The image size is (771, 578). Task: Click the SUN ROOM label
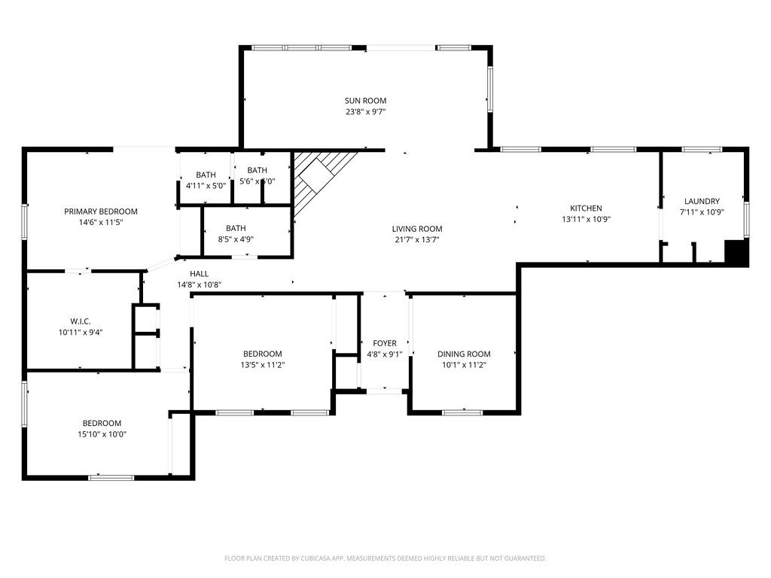365,100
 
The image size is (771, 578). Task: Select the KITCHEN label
585,208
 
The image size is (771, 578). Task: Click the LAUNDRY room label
702,201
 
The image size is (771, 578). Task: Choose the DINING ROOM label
464,354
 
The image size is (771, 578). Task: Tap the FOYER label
385,343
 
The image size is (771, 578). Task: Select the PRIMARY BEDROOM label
101,211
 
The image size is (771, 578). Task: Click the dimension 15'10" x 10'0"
102,434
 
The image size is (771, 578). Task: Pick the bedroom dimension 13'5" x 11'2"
262,365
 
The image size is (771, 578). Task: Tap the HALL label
199,274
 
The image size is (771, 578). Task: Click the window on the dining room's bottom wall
462,412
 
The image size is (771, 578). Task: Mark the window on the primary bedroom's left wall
25,222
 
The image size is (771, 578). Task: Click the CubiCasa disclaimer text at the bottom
385,558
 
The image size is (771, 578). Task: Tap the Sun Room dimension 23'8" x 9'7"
365,112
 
